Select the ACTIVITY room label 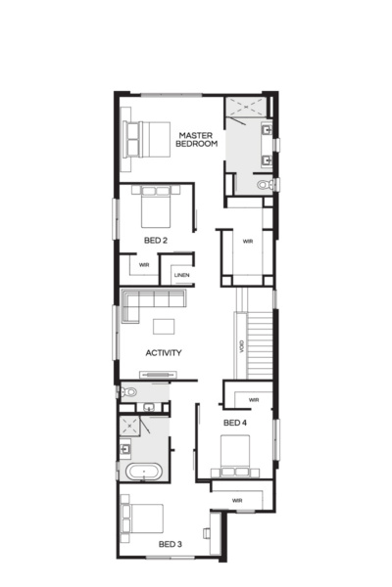pos(163,352)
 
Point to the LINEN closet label pos(181,275)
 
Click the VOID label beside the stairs pos(240,346)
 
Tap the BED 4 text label pos(234,422)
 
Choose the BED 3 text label pos(170,543)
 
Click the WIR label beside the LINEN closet pos(143,265)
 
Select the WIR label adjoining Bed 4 pos(253,399)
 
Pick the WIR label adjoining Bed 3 pos(237,500)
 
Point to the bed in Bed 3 pos(143,517)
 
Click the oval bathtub pos(143,472)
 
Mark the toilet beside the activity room pos(126,392)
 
